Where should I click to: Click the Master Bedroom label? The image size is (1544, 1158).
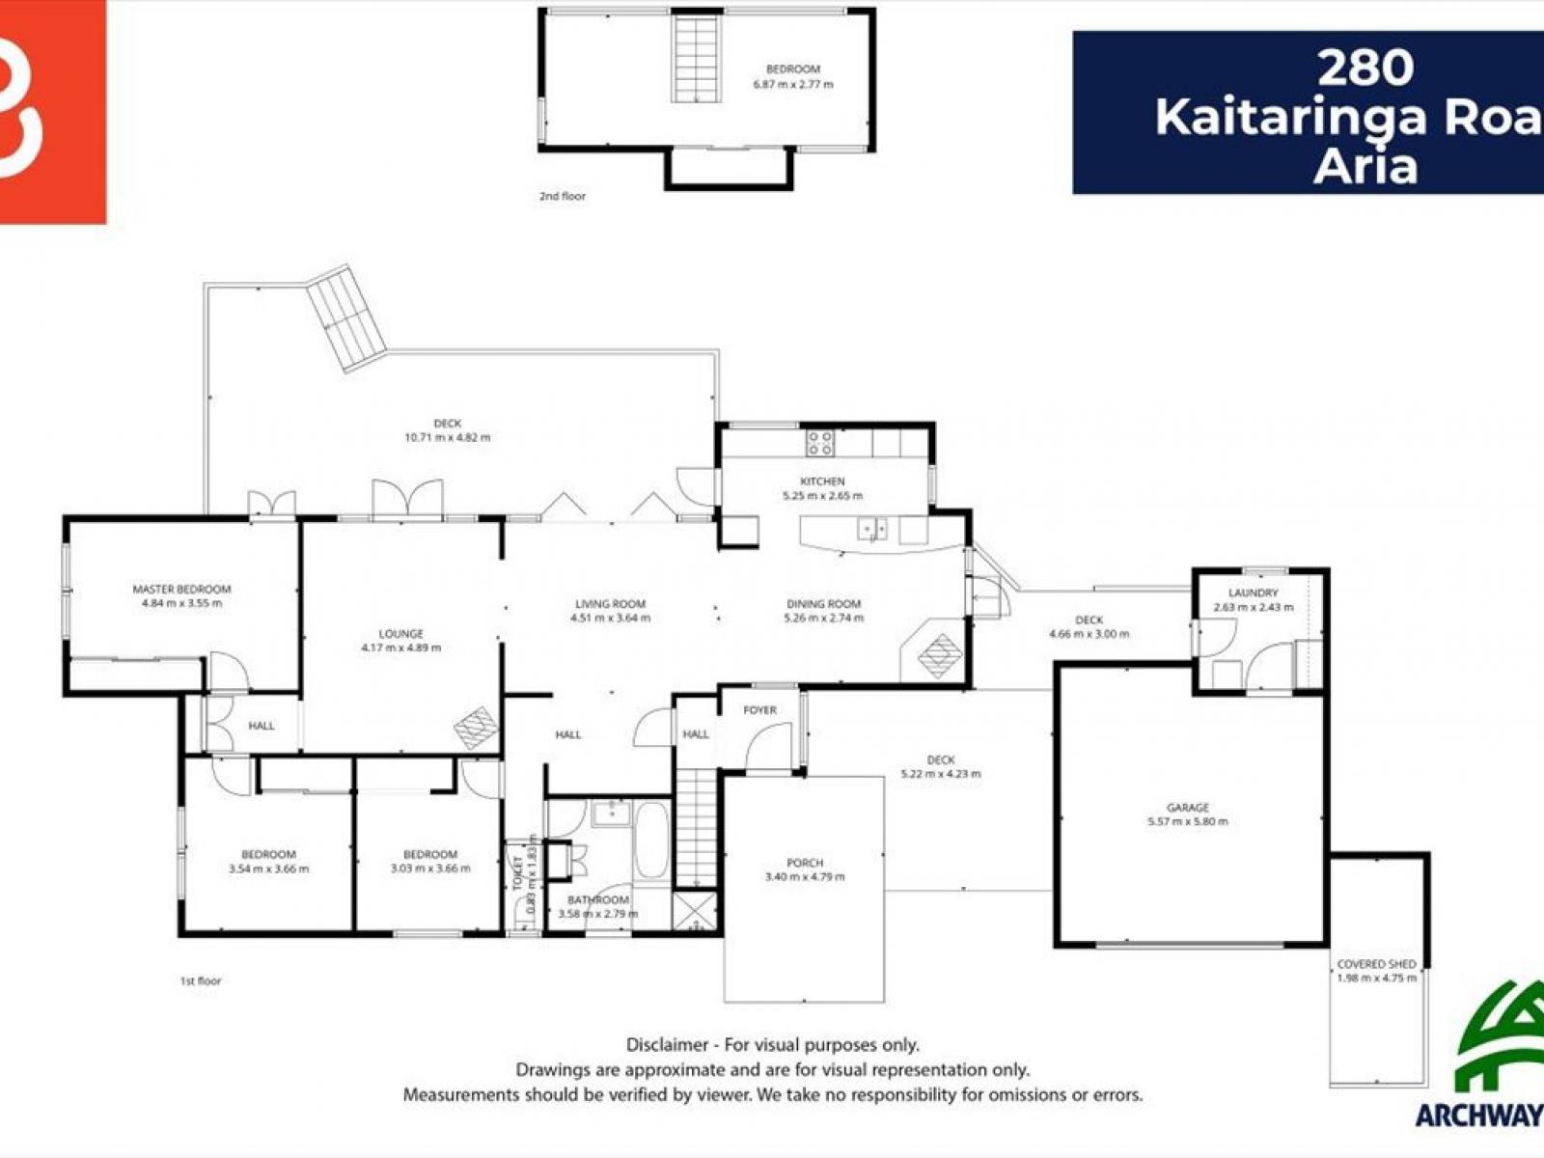tap(181, 589)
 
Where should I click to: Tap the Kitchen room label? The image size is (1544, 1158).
tap(822, 481)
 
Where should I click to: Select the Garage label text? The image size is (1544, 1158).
tap(1187, 808)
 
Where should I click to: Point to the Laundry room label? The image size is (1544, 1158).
tap(1253, 593)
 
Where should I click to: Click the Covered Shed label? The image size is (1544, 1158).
tap(1376, 964)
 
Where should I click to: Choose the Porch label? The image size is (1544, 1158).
tap(805, 863)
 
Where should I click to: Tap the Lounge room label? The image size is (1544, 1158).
tap(400, 634)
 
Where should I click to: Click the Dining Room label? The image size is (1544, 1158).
tap(823, 604)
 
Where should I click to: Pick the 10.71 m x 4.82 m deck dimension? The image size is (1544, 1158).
tap(447, 437)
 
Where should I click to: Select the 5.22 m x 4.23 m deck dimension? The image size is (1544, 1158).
tap(940, 774)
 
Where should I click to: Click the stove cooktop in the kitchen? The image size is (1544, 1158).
tap(820, 443)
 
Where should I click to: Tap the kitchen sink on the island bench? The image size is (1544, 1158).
tap(873, 529)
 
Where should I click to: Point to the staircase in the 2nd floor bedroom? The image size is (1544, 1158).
tap(696, 58)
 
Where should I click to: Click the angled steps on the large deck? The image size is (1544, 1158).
tap(347, 318)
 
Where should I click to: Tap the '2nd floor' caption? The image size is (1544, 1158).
tap(562, 196)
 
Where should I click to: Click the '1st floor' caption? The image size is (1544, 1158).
tap(201, 980)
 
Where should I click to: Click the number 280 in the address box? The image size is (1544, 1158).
tap(1365, 68)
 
